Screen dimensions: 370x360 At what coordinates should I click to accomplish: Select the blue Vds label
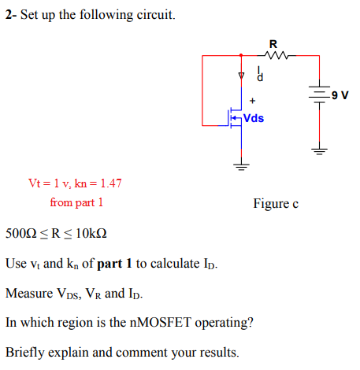click(253, 119)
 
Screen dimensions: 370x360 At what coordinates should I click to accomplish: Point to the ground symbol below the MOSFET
click(241, 166)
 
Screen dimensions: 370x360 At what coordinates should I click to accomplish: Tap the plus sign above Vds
click(252, 101)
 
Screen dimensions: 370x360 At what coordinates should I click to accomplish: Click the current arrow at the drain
click(241, 76)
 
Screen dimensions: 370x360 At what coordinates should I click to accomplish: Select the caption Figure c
click(275, 204)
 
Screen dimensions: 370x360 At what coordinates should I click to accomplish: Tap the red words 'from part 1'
click(76, 202)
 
